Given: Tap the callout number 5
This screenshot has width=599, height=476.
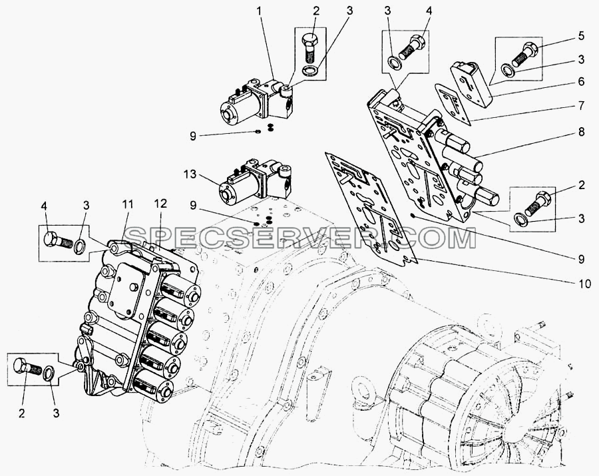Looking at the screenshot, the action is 581,37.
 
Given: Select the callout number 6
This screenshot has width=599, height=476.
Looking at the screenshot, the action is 581,82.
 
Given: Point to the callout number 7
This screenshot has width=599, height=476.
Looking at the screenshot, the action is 581,105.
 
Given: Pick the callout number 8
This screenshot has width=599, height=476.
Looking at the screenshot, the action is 581,132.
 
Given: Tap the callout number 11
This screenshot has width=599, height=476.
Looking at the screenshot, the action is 128,205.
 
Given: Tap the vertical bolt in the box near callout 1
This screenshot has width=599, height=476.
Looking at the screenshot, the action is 309,48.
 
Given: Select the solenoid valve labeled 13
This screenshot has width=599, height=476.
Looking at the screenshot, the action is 254,180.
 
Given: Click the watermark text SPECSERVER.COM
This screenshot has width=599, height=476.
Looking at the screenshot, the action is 301,238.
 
